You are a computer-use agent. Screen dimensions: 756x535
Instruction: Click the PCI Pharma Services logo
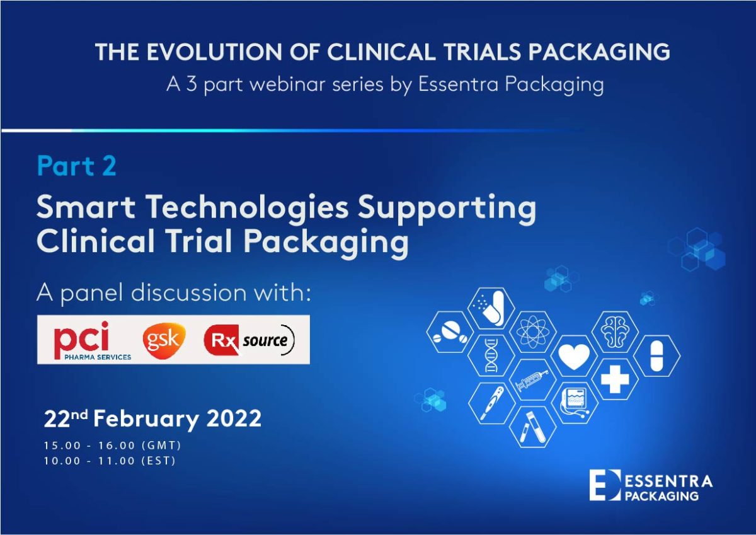coord(92,340)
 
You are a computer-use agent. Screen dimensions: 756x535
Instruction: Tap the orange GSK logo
coord(164,340)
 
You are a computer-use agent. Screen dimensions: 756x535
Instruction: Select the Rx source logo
coord(249,340)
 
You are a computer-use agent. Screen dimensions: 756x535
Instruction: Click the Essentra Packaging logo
coord(651,485)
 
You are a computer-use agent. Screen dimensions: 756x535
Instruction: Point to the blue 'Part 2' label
coord(77,166)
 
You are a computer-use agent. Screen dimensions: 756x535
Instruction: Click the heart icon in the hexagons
coord(574,357)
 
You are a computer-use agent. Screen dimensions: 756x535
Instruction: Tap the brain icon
coord(616,333)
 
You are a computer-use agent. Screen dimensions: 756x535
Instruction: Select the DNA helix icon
coord(491,356)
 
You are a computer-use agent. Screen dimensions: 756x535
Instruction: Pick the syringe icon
coord(532,380)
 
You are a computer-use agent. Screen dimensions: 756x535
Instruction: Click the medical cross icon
coord(615,379)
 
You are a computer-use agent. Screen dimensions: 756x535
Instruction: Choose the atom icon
coord(532,332)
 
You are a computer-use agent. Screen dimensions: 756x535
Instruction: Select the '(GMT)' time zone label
coord(161,446)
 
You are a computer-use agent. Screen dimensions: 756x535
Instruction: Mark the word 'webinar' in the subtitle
coord(288,84)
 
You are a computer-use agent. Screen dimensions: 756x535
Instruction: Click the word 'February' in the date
coord(146,420)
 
